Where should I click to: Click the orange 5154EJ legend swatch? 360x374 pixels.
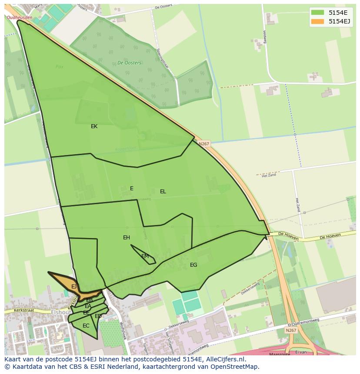coord(317,21)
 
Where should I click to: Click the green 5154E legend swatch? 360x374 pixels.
coord(317,13)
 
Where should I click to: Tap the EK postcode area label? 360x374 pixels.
coord(94,126)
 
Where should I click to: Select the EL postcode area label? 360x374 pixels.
coord(163,192)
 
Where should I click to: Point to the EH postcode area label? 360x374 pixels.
coord(127,238)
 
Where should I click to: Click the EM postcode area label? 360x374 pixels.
coord(145,256)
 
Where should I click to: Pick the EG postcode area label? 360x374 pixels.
coord(193,265)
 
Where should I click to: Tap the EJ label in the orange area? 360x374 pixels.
coord(74,287)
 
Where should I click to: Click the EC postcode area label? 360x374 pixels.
coord(86,326)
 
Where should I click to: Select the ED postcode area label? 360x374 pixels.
coord(98,316)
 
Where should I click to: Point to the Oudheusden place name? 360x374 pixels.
coord(20,17)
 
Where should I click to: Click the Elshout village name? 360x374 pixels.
coord(61,312)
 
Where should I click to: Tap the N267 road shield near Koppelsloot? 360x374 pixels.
coord(203,144)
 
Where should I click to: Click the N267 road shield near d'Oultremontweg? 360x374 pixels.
coord(291,331)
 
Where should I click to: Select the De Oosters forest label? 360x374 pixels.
coord(129,63)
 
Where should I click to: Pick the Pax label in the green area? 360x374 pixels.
coord(60,67)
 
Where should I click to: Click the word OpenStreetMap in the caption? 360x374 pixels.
coord(236,367)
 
